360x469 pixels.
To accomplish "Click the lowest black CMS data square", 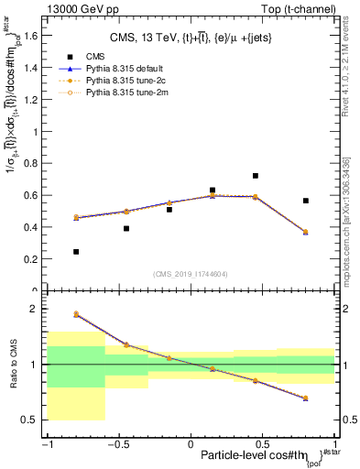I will click(76, 251).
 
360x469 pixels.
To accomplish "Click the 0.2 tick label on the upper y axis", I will click(35, 259).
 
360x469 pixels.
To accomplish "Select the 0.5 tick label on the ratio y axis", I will click(35, 420).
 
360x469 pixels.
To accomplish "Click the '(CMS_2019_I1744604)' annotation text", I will click(191, 274).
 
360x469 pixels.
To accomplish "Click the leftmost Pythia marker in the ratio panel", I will click(76, 313).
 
